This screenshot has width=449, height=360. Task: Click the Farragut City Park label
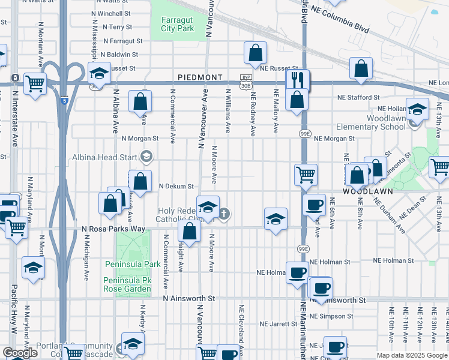(177, 23)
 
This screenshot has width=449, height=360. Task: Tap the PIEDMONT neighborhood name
(200, 78)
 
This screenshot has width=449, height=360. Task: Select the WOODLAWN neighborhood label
(367, 191)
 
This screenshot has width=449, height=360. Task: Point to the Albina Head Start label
(106, 157)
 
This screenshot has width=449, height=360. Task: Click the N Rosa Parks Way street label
(113, 229)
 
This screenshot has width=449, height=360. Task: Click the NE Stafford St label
(358, 97)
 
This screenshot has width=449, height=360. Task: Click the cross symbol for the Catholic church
(224, 214)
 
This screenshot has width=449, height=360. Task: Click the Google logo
(20, 353)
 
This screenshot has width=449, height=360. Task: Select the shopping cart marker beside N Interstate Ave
(35, 84)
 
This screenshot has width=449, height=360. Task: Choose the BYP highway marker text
(246, 77)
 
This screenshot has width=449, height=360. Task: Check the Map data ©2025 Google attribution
(412, 355)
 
